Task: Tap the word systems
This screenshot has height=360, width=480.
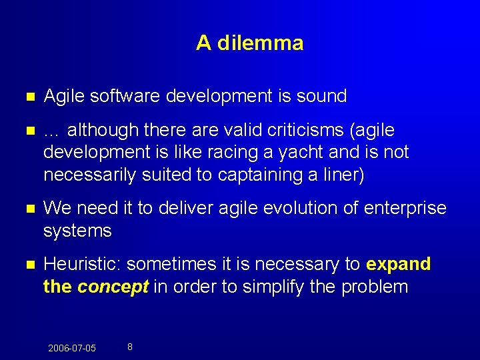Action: [x=77, y=231]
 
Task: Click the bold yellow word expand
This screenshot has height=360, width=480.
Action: [x=399, y=264]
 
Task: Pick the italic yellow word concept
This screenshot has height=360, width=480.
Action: [x=113, y=287]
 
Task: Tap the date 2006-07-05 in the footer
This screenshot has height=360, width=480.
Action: [x=72, y=348]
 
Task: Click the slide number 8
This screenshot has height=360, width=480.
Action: [x=129, y=347]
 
